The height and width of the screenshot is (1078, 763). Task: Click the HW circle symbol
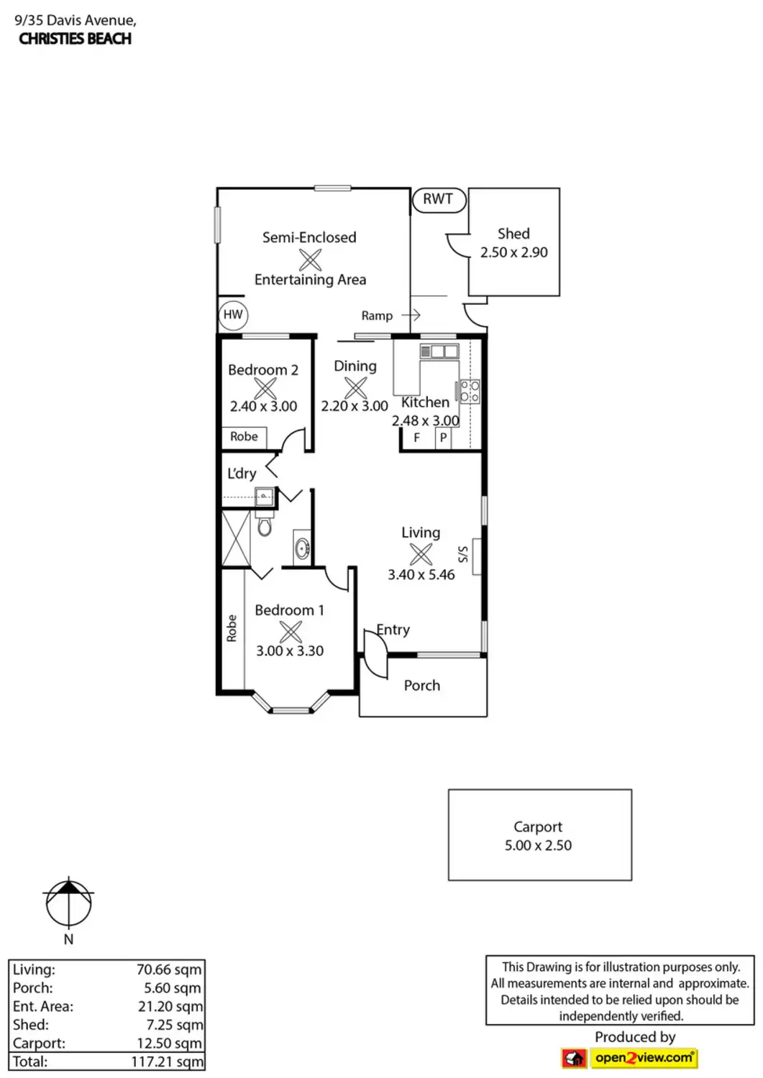tap(233, 315)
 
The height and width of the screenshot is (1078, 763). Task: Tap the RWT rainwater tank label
tap(438, 199)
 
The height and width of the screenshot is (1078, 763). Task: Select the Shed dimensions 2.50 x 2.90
tap(514, 252)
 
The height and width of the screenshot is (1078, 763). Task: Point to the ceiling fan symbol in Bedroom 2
tap(265, 388)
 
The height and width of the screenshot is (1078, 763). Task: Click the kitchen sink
tap(439, 351)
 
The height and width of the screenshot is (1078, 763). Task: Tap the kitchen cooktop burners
tap(469, 392)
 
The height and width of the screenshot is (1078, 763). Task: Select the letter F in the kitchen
tap(417, 438)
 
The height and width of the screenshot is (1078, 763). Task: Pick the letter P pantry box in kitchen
tap(443, 438)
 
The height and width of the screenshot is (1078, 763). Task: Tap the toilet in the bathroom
tap(265, 524)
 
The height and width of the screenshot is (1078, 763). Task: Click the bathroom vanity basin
tap(302, 548)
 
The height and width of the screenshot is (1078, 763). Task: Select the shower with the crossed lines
tap(236, 538)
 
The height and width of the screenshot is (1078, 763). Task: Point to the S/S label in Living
tap(463, 554)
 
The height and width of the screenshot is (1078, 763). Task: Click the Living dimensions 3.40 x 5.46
tap(421, 575)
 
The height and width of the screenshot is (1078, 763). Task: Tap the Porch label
tap(422, 686)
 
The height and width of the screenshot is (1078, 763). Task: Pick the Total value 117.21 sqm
tap(167, 1061)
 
